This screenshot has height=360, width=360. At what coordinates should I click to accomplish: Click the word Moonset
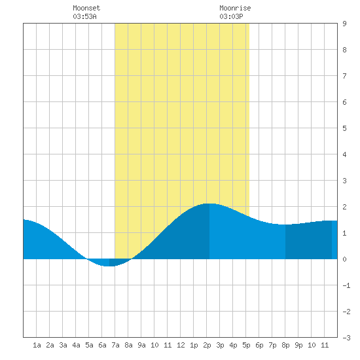click(x=86, y=8)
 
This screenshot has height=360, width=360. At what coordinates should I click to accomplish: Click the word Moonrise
click(x=235, y=8)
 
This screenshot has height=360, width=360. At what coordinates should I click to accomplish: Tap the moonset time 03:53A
click(x=84, y=16)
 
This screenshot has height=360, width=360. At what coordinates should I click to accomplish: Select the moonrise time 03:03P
click(x=231, y=16)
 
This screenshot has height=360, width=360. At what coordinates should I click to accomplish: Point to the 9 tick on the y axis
click(x=344, y=24)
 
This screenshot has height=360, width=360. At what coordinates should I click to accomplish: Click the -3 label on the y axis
click(x=346, y=338)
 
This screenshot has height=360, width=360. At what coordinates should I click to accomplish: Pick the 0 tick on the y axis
click(x=344, y=259)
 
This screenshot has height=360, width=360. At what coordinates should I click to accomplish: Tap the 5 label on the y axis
click(x=344, y=128)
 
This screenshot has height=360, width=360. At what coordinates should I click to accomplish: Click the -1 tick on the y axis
click(x=346, y=285)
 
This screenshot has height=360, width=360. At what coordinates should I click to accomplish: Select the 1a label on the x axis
click(x=37, y=345)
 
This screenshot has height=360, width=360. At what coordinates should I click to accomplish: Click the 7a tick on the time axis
click(x=115, y=345)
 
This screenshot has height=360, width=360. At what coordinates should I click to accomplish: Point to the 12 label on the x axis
click(x=181, y=345)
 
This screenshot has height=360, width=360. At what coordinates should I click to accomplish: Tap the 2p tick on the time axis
click(x=207, y=345)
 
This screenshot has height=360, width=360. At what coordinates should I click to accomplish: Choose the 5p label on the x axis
click(x=246, y=345)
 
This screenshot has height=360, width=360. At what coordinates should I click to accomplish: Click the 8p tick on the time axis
click(x=285, y=345)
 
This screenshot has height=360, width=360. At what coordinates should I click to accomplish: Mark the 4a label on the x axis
click(x=76, y=345)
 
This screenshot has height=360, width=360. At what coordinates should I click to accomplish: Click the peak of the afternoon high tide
click(x=209, y=204)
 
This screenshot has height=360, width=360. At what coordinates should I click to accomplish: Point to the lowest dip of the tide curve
click(x=107, y=266)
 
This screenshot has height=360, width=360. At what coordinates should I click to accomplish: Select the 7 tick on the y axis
click(x=344, y=76)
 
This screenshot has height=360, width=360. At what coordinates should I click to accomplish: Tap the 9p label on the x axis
click(x=298, y=345)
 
